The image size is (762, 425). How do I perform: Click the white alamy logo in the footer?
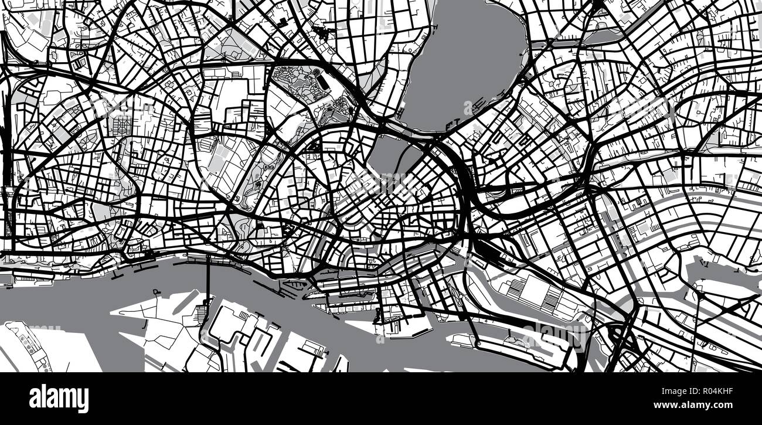point(59,399)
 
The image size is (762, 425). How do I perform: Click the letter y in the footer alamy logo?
point(84,401)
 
